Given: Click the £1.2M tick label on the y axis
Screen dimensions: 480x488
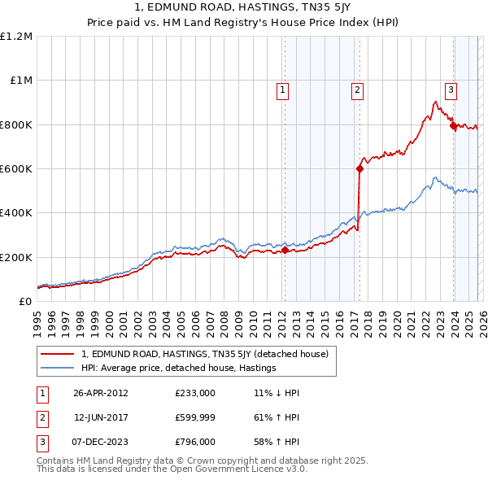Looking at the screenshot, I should click(16, 37).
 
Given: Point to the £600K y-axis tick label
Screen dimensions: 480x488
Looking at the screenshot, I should click(16, 169).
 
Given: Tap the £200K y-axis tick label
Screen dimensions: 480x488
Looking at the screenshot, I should click(16, 257).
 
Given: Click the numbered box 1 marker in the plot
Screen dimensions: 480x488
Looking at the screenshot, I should click(283, 90).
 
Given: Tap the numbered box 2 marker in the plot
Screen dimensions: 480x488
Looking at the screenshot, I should click(357, 90).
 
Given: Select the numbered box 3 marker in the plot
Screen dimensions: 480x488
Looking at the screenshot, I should click(450, 90).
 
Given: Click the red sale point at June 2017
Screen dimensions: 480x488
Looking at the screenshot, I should click(359, 169).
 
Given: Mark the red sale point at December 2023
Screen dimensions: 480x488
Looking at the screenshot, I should click(452, 125).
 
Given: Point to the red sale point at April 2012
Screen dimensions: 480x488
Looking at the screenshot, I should click(285, 250).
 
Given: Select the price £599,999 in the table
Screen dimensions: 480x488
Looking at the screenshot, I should click(194, 417).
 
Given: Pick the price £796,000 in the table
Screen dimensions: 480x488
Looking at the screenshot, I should click(194, 442).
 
